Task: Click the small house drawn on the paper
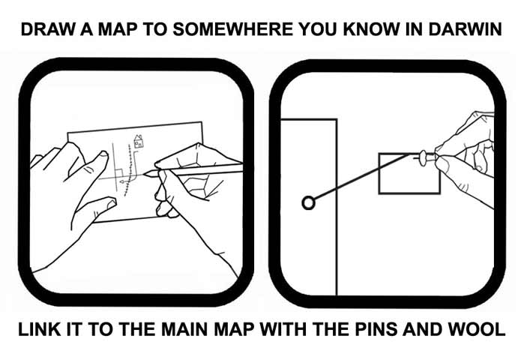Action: (137, 140)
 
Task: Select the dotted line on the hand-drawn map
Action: (130, 169)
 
